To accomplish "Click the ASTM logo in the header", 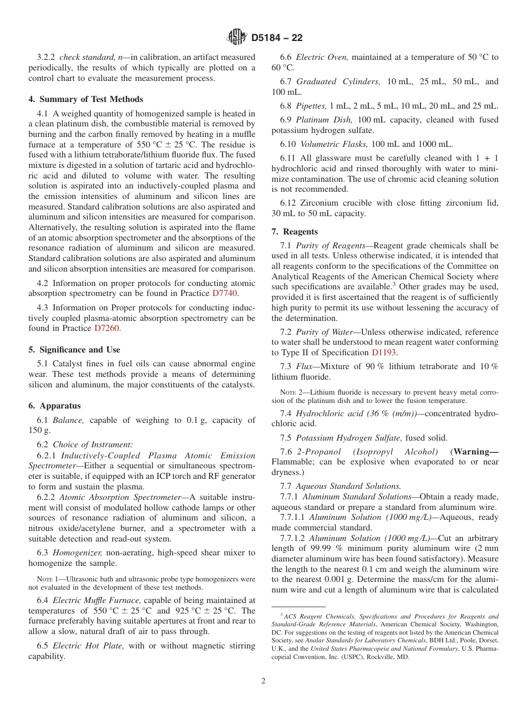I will [237, 38].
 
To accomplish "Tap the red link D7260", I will [107, 328].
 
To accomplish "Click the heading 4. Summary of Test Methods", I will [85, 99].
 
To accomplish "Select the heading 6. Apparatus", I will [54, 406].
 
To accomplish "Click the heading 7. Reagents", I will [295, 232].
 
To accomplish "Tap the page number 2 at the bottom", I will [263, 681].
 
